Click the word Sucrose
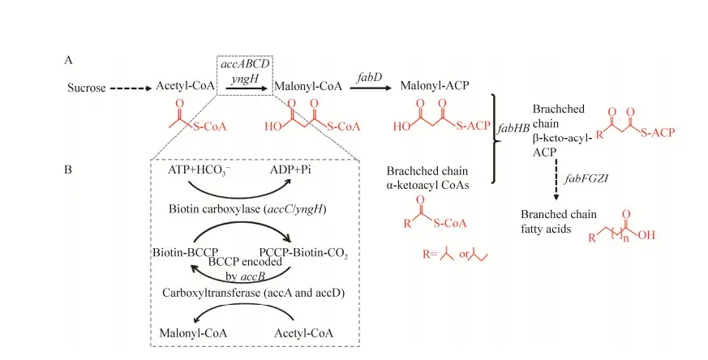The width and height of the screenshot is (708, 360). (87, 88)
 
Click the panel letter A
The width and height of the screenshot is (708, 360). (70, 59)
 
